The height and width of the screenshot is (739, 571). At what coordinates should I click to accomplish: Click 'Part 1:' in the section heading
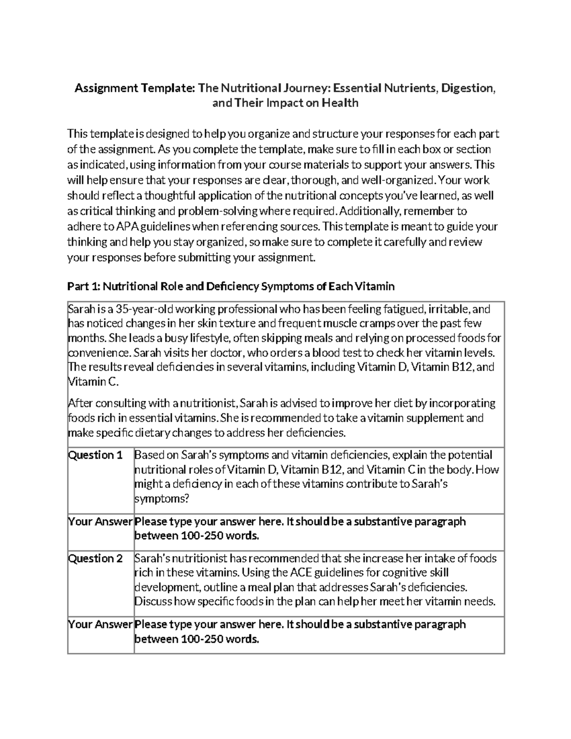pos(84,286)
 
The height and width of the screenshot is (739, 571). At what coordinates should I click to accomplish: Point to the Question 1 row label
pos(96,455)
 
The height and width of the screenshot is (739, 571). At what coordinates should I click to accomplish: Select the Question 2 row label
pos(96,558)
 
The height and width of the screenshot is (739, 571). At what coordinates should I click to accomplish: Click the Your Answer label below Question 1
pos(100,522)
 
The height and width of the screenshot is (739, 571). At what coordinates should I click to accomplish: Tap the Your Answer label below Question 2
pos(100,624)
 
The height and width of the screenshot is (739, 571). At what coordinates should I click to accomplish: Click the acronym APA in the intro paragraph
pos(126,227)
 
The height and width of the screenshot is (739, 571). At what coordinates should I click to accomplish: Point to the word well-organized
pos(398,180)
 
